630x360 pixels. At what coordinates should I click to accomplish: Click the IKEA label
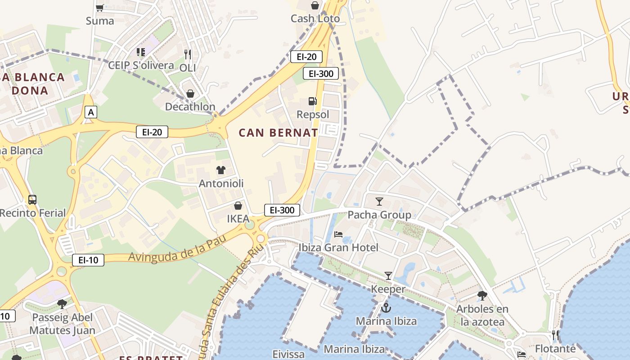click(238, 219)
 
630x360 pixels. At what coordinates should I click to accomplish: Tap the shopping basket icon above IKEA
click(238, 206)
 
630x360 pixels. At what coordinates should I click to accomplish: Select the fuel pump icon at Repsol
click(312, 101)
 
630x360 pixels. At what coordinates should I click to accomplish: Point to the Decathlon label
click(190, 107)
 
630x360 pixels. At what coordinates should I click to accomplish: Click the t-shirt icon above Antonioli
click(220, 170)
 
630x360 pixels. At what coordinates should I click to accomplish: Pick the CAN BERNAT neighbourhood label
click(278, 133)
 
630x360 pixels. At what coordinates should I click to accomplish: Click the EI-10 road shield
click(88, 260)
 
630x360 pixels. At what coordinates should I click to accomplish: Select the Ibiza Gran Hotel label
click(338, 247)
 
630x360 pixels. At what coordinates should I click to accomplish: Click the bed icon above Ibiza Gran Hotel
click(338, 234)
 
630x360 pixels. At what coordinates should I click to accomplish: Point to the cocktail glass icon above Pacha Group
click(379, 201)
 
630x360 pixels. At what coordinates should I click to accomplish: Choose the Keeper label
click(388, 289)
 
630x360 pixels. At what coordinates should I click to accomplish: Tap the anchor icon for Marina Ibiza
click(386, 308)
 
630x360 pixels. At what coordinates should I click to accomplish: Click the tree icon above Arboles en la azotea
click(482, 296)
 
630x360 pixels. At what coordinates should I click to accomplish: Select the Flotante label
click(555, 349)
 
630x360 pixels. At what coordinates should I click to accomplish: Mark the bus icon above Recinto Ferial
click(32, 199)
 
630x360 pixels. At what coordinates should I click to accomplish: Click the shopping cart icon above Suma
click(100, 7)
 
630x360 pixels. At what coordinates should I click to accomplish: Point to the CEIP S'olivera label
click(141, 65)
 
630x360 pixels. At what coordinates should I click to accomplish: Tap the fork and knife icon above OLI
click(188, 54)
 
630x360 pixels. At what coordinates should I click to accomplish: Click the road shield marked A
click(91, 112)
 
